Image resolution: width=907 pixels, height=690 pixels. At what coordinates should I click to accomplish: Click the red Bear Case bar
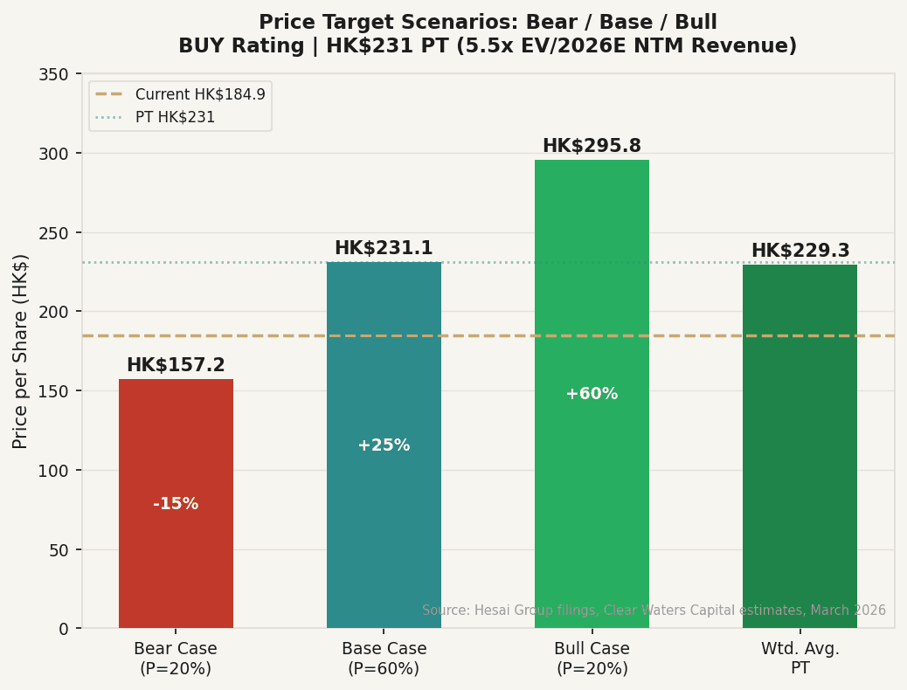176,559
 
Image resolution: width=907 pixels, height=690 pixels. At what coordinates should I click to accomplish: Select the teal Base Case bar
384,524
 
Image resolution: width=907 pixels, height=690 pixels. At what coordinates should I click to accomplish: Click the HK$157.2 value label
176,365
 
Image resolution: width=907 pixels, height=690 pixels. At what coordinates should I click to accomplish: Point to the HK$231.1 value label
384,248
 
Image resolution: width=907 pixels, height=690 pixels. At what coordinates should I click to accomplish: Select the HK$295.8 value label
592,146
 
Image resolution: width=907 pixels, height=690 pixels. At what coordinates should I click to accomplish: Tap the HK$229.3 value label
800,251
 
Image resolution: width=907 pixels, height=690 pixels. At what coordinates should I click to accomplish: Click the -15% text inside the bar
176,504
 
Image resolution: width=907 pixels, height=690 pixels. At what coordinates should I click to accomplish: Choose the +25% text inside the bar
384,445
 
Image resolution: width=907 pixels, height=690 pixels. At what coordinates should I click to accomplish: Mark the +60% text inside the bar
592,394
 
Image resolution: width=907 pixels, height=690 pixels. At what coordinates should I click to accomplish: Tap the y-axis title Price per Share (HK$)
21,351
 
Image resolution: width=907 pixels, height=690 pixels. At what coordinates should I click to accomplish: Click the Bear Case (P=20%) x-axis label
176,659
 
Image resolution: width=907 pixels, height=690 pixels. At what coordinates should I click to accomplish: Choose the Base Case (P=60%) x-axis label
384,659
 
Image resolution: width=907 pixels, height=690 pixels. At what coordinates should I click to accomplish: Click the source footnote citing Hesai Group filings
654,611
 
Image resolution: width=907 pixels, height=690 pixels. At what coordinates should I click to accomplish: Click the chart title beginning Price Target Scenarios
488,34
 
